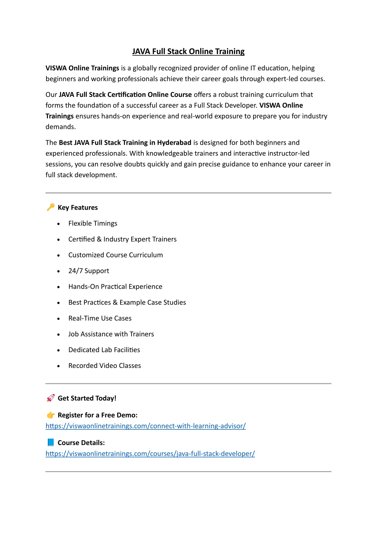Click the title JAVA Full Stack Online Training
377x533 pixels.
(x=188, y=52)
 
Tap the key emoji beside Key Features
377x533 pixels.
(x=50, y=207)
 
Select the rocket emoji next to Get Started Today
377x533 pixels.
(x=50, y=398)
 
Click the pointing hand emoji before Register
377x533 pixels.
(x=50, y=415)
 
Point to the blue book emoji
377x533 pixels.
(x=50, y=442)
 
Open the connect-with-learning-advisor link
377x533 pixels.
(x=146, y=426)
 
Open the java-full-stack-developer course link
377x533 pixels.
(x=150, y=454)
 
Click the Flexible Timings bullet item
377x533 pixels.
(x=93, y=224)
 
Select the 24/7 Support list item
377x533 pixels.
(x=89, y=271)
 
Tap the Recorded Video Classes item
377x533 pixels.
(x=105, y=366)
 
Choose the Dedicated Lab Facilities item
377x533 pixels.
(x=104, y=350)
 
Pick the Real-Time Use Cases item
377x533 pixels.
(x=100, y=318)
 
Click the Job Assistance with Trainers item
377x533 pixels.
(x=111, y=334)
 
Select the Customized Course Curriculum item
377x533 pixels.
(x=115, y=255)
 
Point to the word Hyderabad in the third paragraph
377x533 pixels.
(x=174, y=143)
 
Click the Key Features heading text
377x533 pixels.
(x=78, y=208)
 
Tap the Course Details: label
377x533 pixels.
(x=81, y=443)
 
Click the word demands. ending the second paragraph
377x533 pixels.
(x=60, y=127)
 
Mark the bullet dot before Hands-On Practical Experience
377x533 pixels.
(x=59, y=287)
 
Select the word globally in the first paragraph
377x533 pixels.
(x=145, y=68)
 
